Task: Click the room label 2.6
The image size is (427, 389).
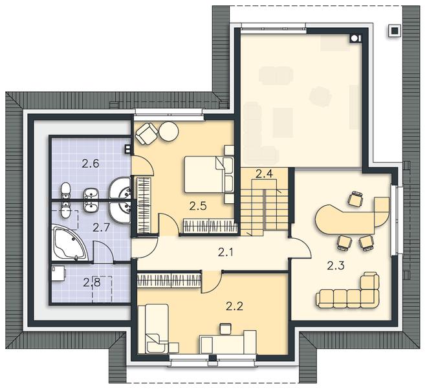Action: tap(91, 164)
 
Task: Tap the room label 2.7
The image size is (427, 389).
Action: tap(101, 227)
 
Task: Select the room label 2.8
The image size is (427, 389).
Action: tap(92, 282)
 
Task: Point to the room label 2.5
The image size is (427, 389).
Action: tap(198, 206)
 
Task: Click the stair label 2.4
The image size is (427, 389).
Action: tap(264, 173)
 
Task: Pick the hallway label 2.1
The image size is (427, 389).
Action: tap(226, 253)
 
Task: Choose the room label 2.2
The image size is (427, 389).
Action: tap(234, 307)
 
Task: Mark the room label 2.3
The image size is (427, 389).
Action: tap(336, 265)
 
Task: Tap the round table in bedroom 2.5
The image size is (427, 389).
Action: tap(169, 131)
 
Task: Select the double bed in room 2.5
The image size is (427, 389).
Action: tap(209, 174)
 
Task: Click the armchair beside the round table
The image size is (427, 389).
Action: tap(147, 133)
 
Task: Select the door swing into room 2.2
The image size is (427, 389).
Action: tap(212, 282)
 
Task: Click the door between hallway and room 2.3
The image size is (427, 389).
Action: tap(300, 247)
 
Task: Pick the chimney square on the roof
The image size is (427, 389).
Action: tap(394, 30)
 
